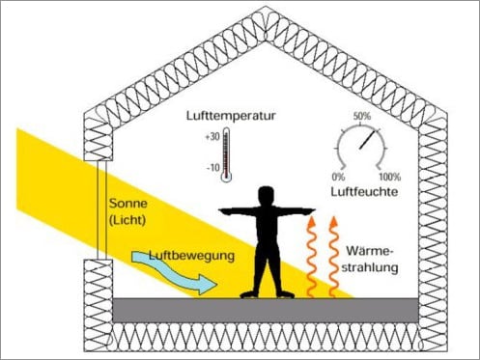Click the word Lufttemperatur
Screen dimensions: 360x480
click(231, 116)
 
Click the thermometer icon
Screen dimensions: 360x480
click(226, 154)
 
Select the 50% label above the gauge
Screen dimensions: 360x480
click(363, 117)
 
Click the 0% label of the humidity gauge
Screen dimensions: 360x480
click(338, 178)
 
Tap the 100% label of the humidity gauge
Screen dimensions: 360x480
click(389, 178)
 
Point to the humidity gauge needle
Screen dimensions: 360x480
click(367, 141)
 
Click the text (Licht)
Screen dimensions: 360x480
click(129, 224)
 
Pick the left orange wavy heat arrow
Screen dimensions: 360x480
click(313, 255)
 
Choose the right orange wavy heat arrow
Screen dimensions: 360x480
click(334, 255)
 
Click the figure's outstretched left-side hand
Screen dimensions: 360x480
click(223, 210)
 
